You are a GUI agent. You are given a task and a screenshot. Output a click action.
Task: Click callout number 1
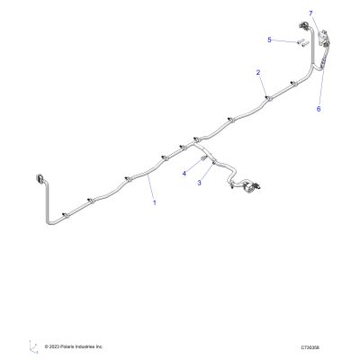[155, 202]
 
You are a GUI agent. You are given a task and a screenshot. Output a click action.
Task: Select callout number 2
[258, 72]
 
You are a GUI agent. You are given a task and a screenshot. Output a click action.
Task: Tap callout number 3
[200, 183]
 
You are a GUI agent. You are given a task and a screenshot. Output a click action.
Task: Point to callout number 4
[184, 174]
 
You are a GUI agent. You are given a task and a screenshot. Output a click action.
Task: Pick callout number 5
[269, 40]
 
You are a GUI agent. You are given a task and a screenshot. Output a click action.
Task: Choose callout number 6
[319, 109]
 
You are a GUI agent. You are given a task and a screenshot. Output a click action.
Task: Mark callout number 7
[310, 13]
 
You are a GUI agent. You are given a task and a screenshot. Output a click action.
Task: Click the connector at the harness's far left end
[40, 179]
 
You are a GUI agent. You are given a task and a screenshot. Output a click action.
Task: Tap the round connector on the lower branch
[247, 185]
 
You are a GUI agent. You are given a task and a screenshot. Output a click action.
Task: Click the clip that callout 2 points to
[268, 98]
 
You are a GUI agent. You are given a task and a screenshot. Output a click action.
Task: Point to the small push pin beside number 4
[203, 158]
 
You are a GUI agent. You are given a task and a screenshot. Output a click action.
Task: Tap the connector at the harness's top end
[303, 26]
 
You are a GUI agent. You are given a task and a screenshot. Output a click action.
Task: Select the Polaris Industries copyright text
[74, 346]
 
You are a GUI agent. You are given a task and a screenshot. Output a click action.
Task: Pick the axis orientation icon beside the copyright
[33, 346]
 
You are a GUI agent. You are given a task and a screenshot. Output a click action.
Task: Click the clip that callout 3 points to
[214, 162]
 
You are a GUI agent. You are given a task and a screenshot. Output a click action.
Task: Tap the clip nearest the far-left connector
[66, 215]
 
